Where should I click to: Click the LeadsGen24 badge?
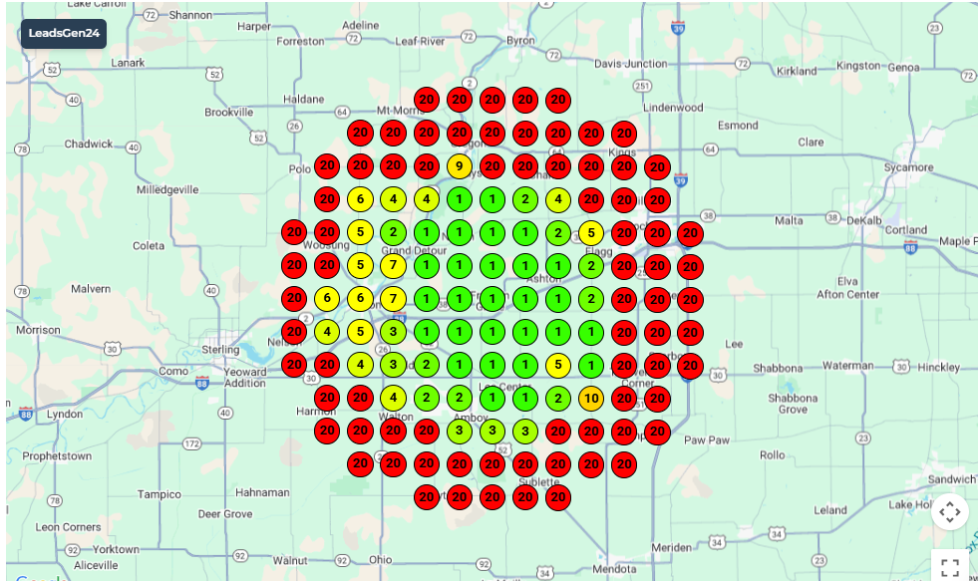[64, 33]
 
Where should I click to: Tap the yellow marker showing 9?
[459, 166]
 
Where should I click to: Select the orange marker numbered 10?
[590, 399]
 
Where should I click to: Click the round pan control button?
[949, 512]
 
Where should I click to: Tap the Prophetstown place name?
[57, 456]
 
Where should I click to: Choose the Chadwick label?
[89, 145]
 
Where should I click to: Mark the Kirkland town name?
[797, 72]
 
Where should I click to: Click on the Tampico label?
[160, 494]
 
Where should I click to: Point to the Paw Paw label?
[706, 439]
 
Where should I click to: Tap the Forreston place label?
[300, 42]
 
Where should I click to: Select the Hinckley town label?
[938, 367]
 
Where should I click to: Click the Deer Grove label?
[225, 514]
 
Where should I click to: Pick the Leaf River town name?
[420, 42]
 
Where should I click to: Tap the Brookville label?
[229, 113]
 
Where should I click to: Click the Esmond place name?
[739, 126]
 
